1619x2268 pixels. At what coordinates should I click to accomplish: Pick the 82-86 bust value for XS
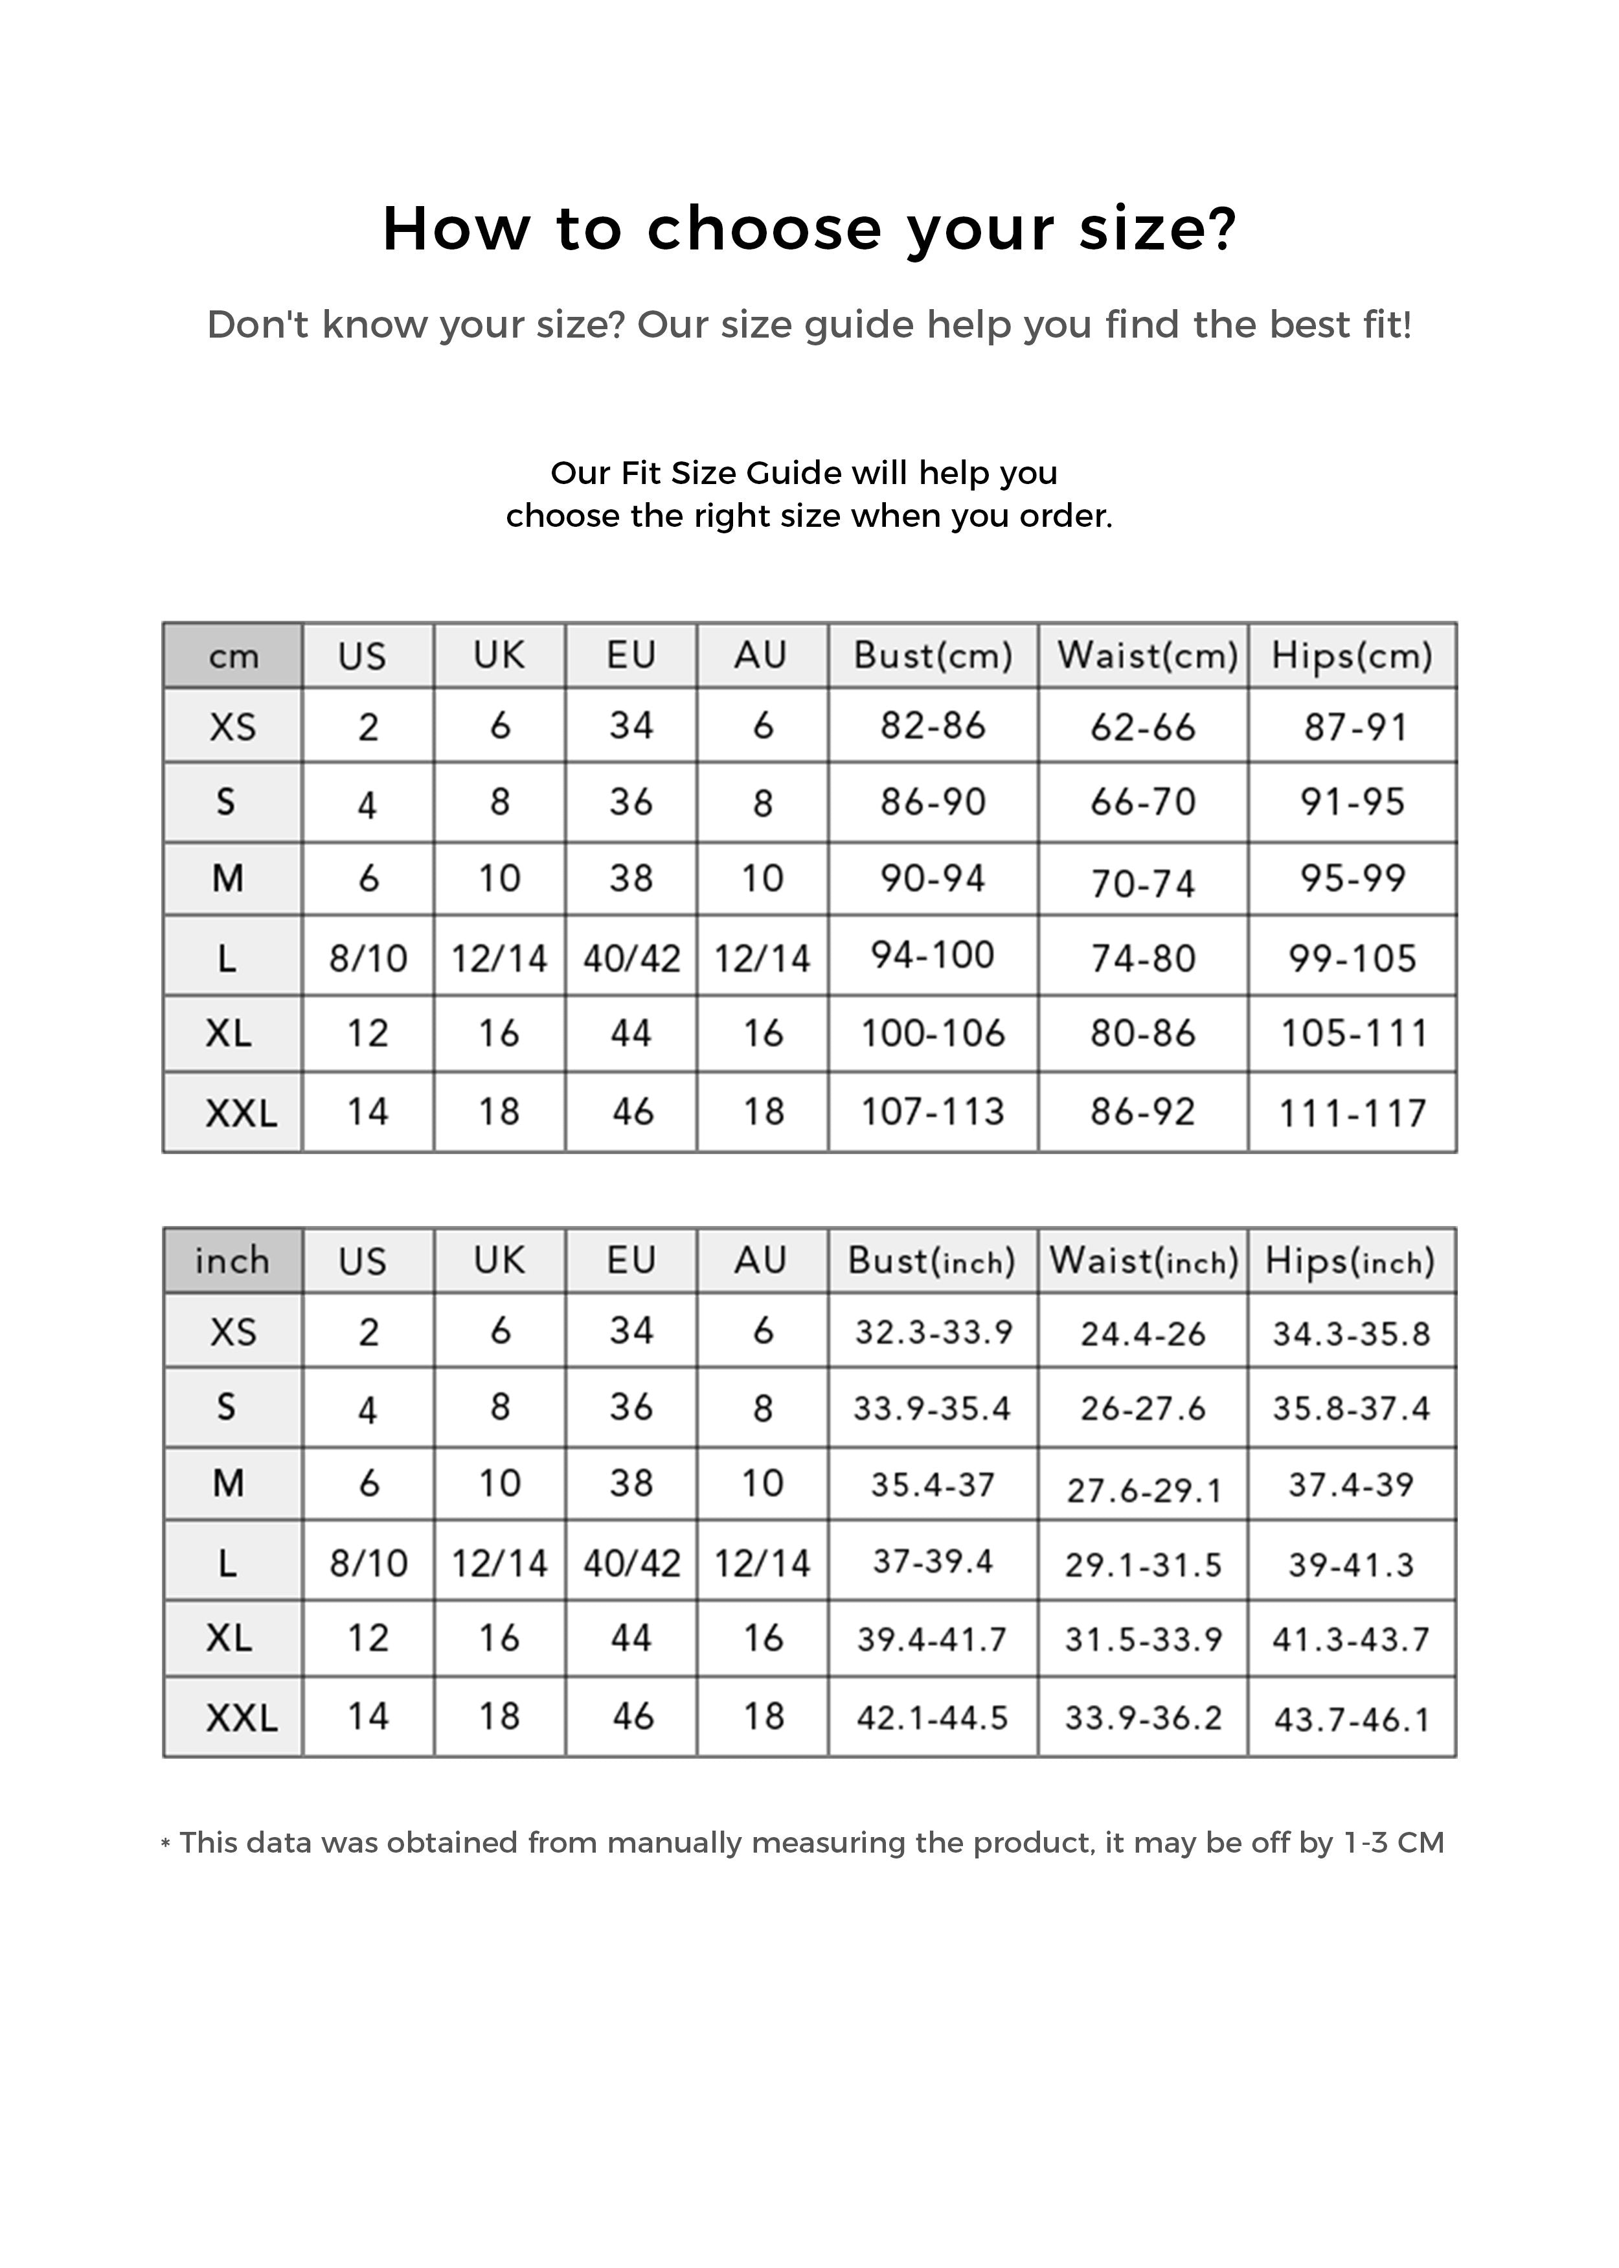[x=933, y=725]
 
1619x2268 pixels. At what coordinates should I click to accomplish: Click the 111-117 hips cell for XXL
[x=1353, y=1112]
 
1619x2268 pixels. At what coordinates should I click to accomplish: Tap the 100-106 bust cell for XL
[x=933, y=1034]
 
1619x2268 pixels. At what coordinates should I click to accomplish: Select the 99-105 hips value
[x=1353, y=958]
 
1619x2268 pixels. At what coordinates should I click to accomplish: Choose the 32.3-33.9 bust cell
[x=933, y=1332]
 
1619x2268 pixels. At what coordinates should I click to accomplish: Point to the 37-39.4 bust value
[x=933, y=1561]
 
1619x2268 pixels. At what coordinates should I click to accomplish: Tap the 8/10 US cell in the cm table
[x=368, y=958]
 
